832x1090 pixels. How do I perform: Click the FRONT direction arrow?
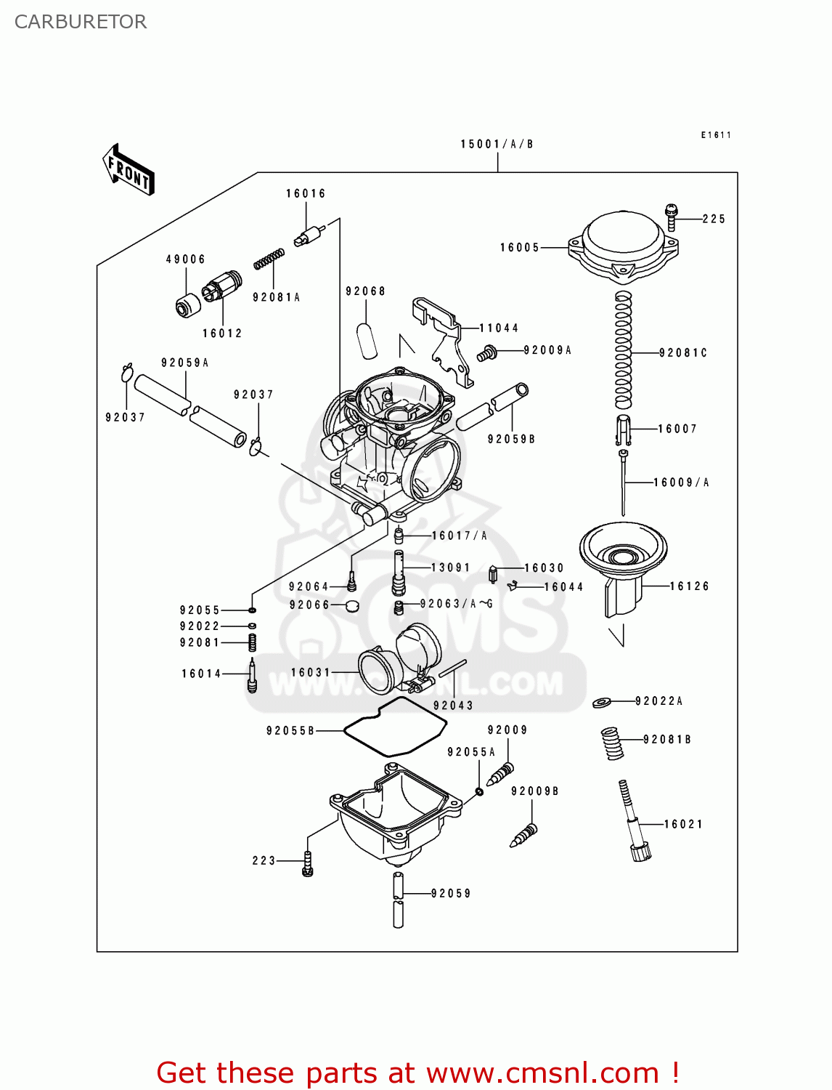click(129, 170)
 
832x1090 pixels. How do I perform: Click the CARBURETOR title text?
click(81, 22)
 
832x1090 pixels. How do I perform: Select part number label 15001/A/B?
click(497, 144)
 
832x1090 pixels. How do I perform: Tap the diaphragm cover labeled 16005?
click(623, 246)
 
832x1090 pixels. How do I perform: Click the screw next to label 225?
click(672, 217)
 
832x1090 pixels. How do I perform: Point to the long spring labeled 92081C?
click(624, 350)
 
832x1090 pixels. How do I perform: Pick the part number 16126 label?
click(689, 586)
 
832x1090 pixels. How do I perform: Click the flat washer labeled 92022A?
click(602, 702)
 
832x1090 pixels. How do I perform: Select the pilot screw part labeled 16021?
click(634, 821)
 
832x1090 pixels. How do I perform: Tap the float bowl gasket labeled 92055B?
click(394, 727)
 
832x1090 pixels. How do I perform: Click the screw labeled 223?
click(308, 863)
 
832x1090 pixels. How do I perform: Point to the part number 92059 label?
click(451, 893)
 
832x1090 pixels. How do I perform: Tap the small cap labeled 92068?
click(367, 340)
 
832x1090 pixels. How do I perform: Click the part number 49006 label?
click(185, 259)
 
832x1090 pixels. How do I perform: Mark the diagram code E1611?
click(716, 135)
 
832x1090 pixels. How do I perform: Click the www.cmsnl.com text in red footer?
click(542, 1073)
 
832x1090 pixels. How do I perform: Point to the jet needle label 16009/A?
click(681, 483)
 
